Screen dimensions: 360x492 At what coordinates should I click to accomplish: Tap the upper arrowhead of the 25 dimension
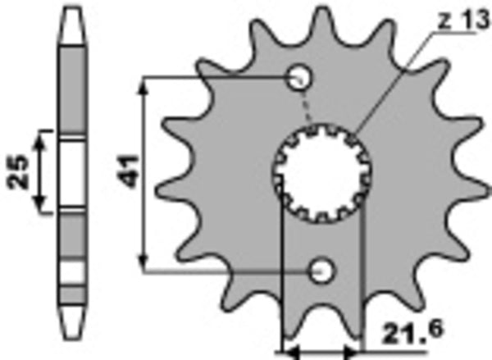(x=46, y=134)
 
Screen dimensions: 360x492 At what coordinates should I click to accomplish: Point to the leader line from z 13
(x=394, y=82)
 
